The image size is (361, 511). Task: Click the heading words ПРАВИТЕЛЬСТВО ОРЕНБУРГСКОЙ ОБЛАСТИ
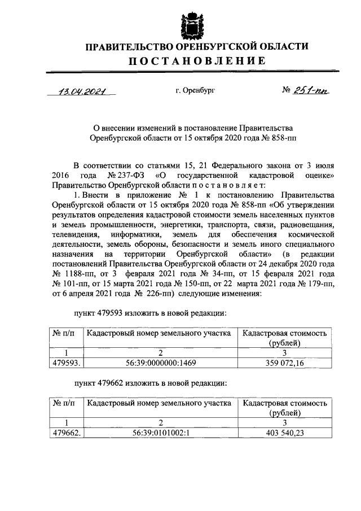click(197, 46)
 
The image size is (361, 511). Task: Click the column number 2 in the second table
click(160, 423)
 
